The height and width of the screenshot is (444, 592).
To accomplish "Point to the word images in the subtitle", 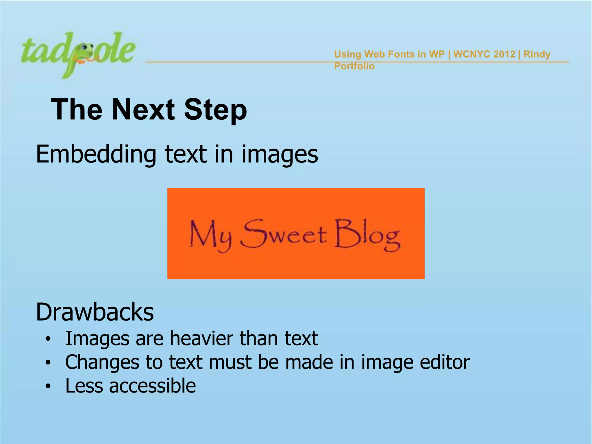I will click(x=280, y=154).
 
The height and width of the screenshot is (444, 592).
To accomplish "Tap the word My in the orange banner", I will click(x=210, y=235).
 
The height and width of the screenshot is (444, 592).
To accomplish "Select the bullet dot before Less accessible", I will click(x=48, y=386).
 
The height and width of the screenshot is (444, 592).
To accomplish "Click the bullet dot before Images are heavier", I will click(x=48, y=339).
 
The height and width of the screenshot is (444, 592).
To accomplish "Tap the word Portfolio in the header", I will click(x=354, y=66).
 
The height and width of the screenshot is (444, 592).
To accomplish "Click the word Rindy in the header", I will click(x=537, y=54).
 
